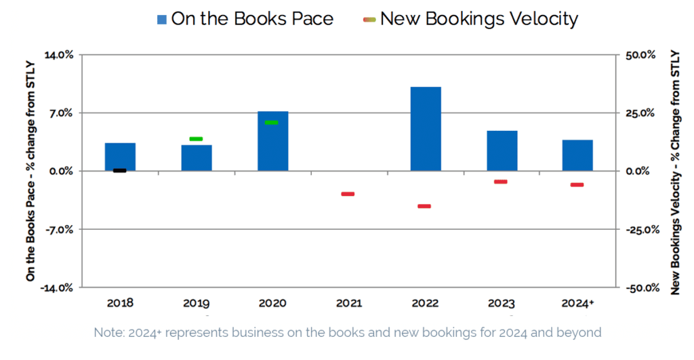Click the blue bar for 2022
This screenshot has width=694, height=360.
click(x=426, y=129)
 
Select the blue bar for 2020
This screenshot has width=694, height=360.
click(x=273, y=141)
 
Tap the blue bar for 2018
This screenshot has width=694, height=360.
click(x=120, y=157)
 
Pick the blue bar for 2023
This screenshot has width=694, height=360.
click(x=502, y=151)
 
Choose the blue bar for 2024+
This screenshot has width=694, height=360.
click(x=577, y=155)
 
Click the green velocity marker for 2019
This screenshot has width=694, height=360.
click(x=196, y=139)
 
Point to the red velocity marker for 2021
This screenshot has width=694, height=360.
click(x=348, y=194)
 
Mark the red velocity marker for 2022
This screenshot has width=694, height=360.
click(x=424, y=206)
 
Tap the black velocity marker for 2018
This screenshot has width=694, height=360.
click(x=119, y=170)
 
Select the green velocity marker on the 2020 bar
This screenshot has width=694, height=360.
click(x=272, y=123)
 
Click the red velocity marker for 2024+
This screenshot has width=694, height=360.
click(x=577, y=184)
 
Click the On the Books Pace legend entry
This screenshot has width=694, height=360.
click(x=245, y=19)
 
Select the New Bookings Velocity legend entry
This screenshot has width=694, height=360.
click(x=470, y=19)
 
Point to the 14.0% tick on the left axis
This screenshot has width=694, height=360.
click(x=58, y=55)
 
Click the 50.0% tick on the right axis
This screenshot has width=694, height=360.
click(x=640, y=55)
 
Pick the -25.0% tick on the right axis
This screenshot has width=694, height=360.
click(x=642, y=230)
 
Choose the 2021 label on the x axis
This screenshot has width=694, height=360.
click(x=349, y=303)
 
